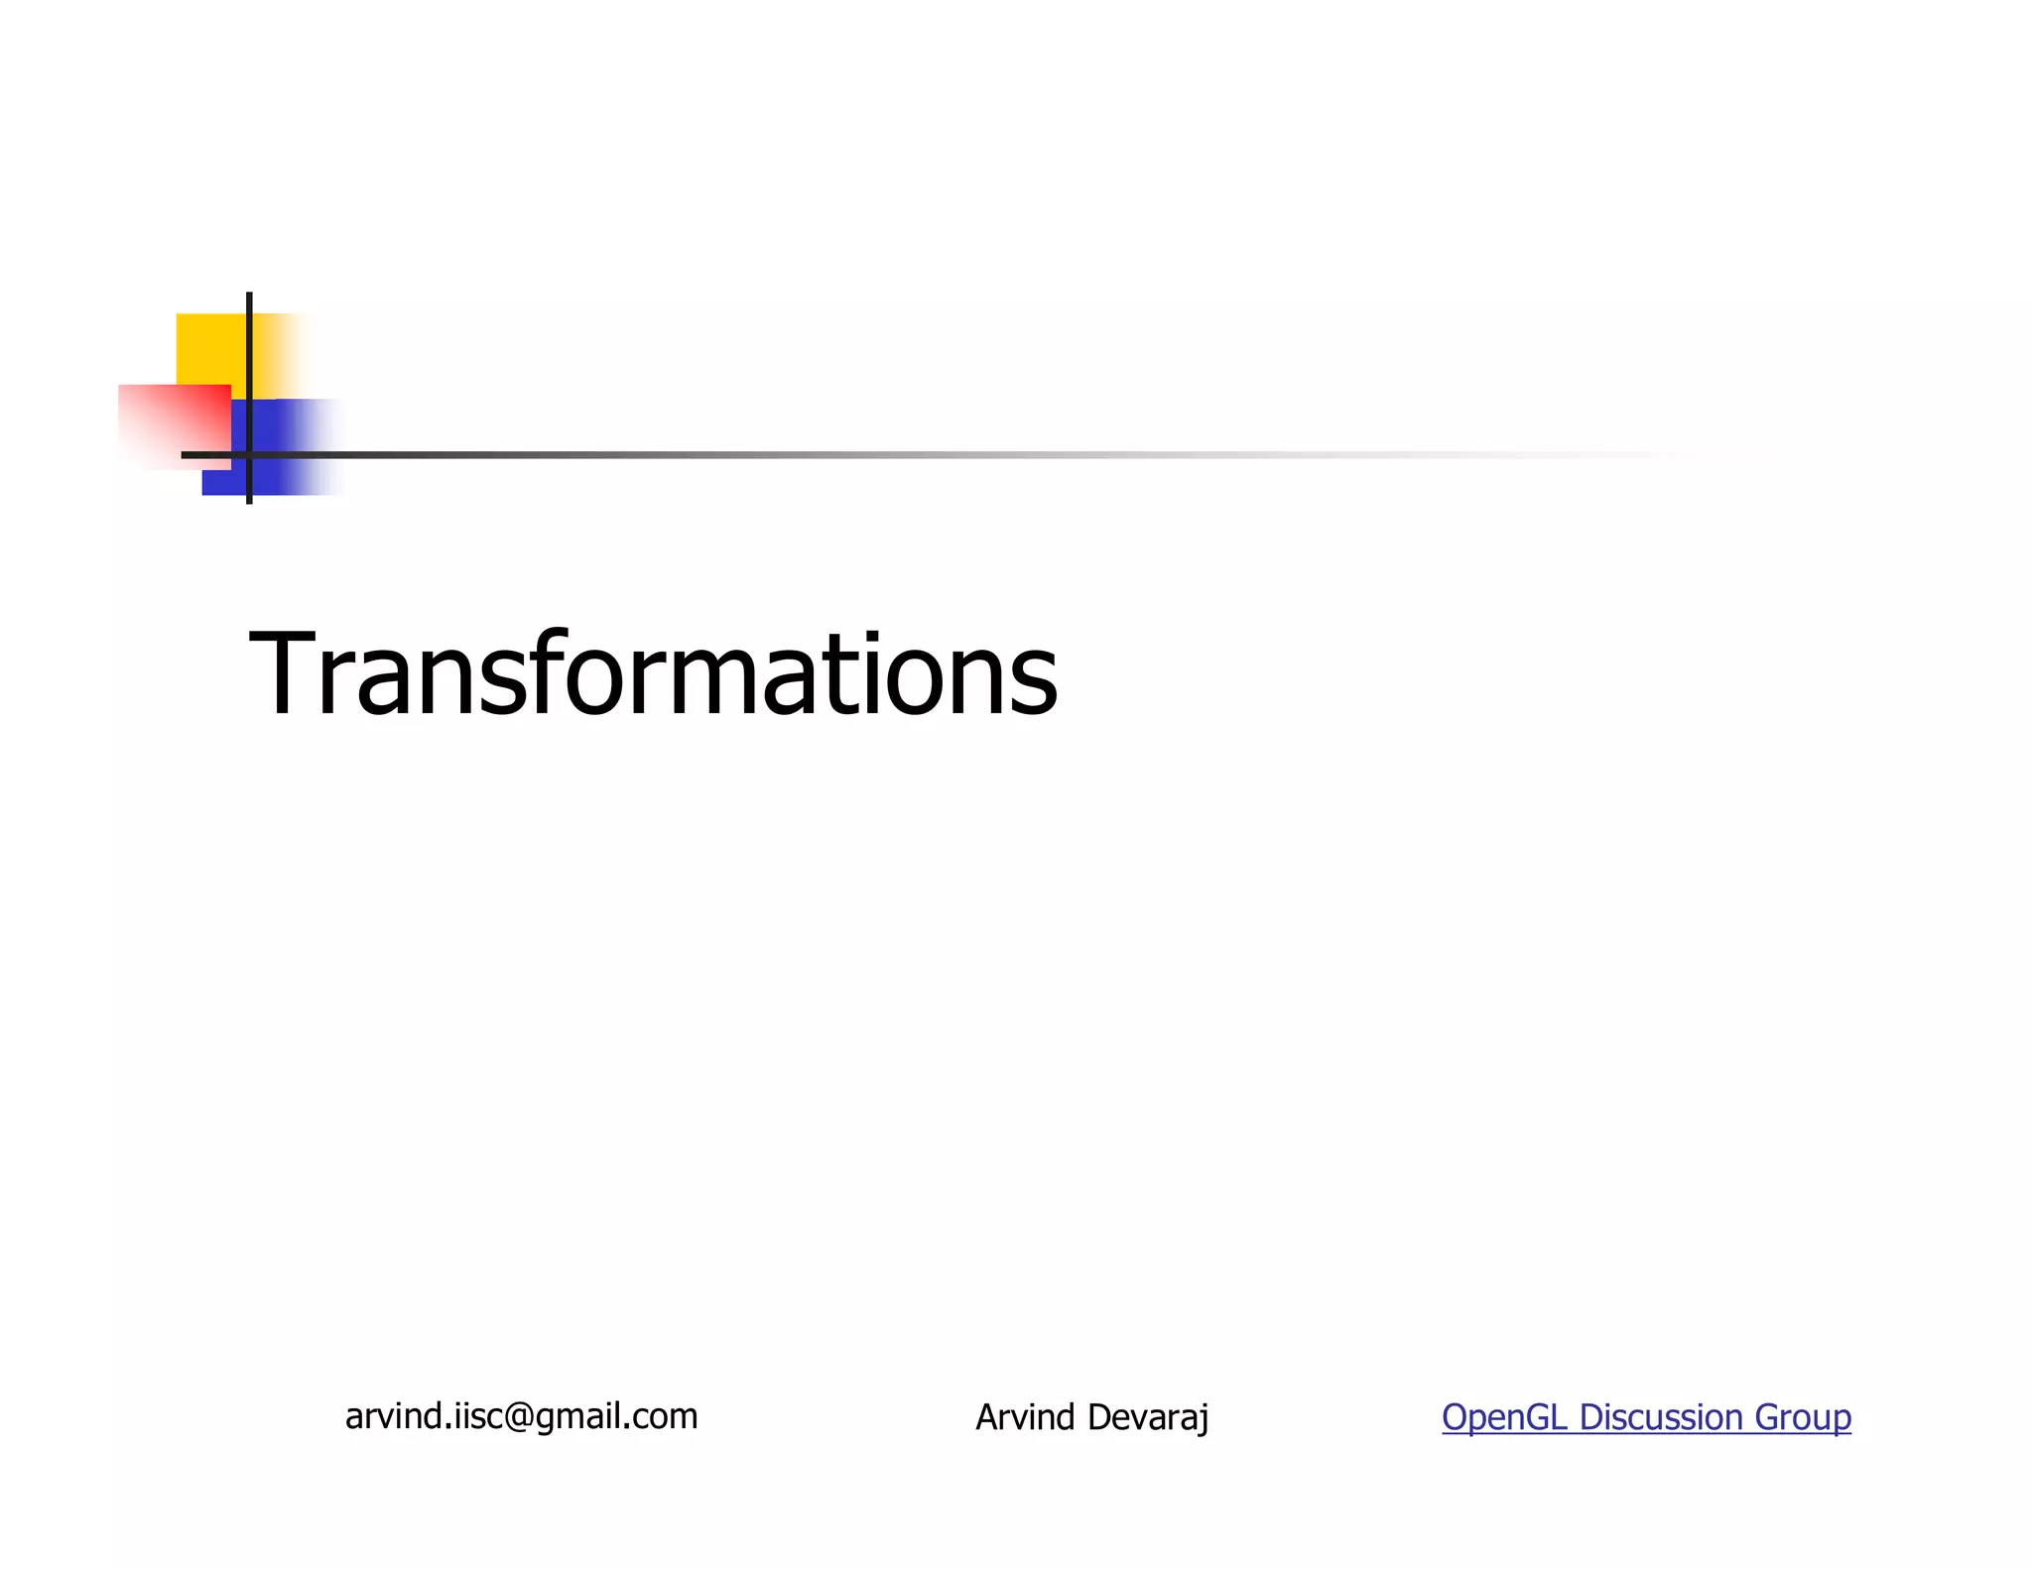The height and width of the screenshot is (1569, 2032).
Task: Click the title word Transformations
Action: pyautogui.click(x=653, y=674)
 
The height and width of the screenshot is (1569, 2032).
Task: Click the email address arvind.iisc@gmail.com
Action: pyautogui.click(x=521, y=1416)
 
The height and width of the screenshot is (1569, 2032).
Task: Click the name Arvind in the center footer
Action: pyautogui.click(x=1025, y=1417)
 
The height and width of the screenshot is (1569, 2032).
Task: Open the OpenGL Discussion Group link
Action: pyautogui.click(x=1646, y=1417)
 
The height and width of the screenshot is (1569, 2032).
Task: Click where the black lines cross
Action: pyautogui.click(x=249, y=455)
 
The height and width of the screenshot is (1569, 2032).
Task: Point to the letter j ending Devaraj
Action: pyautogui.click(x=1204, y=1419)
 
